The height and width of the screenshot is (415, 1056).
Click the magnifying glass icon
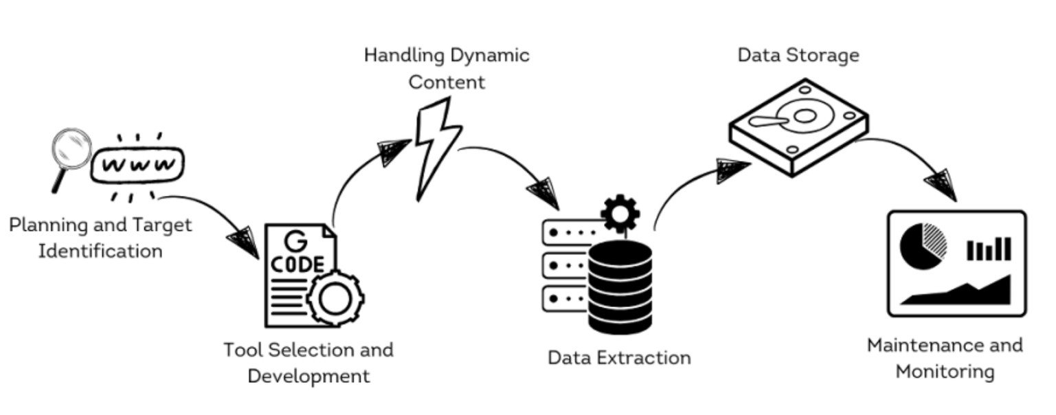click(x=71, y=153)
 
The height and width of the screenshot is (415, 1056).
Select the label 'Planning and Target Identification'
click(x=100, y=238)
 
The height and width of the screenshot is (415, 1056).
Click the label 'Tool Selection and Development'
click(x=308, y=363)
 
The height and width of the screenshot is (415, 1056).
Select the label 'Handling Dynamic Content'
click(x=447, y=68)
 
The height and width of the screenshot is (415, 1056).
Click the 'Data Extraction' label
click(x=619, y=358)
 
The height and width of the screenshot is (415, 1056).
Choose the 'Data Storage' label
click(x=798, y=55)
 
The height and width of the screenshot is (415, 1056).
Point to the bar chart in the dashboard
click(x=989, y=249)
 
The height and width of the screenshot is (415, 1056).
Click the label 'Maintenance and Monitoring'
click(x=945, y=358)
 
